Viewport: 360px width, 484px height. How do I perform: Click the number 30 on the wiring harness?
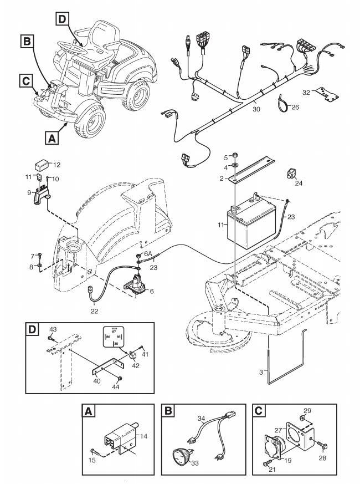[255, 103]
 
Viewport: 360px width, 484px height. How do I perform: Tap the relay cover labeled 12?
[41, 165]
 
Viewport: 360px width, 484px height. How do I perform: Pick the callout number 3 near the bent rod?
[262, 372]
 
